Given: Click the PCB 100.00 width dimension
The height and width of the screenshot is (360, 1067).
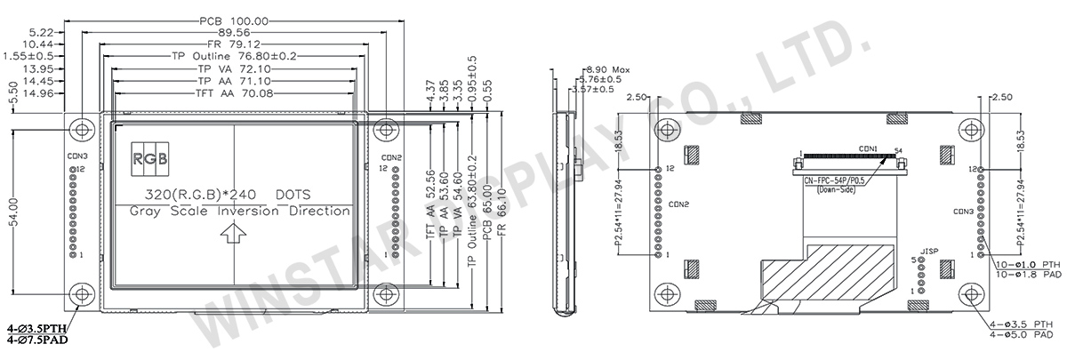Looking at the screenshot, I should (x=232, y=20).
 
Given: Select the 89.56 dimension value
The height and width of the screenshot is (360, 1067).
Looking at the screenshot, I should (x=232, y=32).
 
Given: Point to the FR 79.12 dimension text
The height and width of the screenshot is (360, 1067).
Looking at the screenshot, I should (x=232, y=44).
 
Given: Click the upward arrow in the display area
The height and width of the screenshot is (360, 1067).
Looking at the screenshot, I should (x=234, y=233).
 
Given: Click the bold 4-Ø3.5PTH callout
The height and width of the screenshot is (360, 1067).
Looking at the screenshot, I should (x=36, y=329).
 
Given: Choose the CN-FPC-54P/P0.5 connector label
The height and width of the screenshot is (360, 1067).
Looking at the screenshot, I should (x=837, y=181).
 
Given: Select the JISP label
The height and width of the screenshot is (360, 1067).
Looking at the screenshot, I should (x=930, y=251).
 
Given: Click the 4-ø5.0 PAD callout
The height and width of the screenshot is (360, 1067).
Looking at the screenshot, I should (x=1024, y=334).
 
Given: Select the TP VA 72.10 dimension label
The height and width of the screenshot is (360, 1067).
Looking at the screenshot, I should (x=232, y=67).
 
